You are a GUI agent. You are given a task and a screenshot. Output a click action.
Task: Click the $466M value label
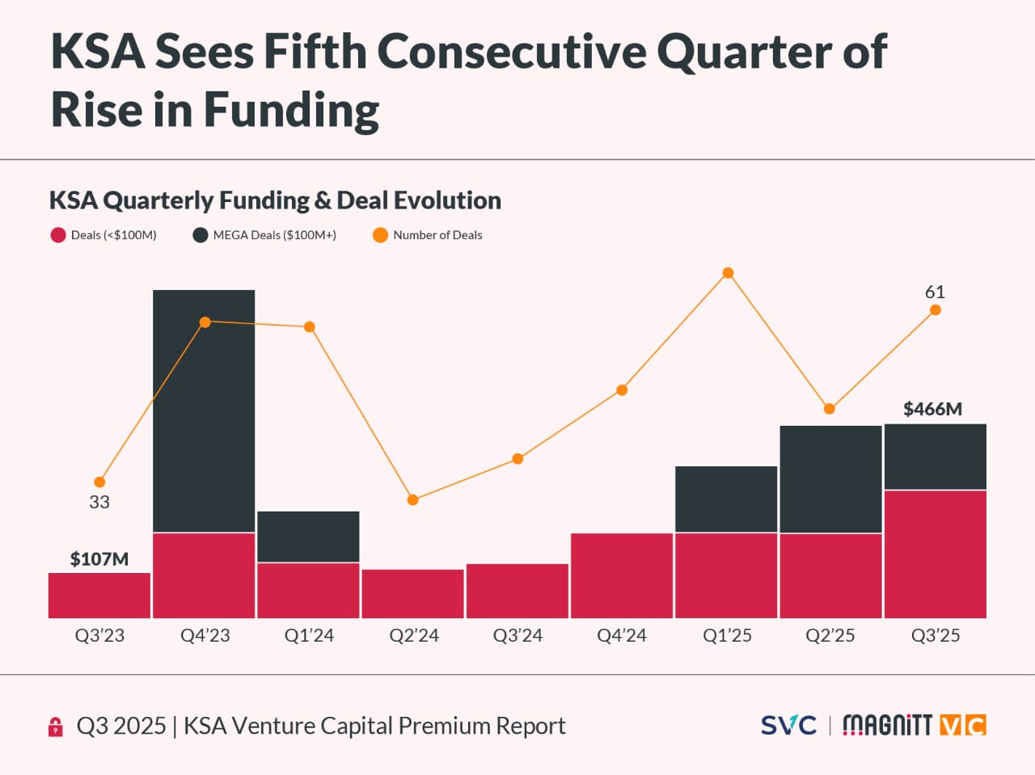point(932,409)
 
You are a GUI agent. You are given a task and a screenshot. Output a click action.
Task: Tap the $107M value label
point(99,559)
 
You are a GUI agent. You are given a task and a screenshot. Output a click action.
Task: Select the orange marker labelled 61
point(936,310)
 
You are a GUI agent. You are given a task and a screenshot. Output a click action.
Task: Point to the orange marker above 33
point(99,482)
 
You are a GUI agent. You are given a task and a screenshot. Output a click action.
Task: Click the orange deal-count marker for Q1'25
point(728,273)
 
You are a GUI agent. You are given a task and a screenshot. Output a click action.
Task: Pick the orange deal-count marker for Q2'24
point(413,500)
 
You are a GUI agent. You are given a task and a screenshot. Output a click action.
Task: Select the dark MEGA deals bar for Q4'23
point(204,411)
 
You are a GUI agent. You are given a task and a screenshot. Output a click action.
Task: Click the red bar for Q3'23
point(99,596)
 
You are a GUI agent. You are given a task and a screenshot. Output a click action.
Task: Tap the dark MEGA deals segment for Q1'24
point(308,537)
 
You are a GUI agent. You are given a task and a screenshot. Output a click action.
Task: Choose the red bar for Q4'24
point(622,575)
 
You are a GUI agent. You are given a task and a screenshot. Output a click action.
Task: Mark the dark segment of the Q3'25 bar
point(936,457)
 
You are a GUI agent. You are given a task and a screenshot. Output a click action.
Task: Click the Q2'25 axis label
point(830,636)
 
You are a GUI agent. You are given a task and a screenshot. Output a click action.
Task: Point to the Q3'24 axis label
point(517,636)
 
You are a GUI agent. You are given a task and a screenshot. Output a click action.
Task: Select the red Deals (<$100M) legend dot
point(58,235)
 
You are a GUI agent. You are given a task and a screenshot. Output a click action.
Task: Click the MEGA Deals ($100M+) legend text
point(275,235)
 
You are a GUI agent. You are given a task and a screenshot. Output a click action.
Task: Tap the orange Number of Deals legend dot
point(380,235)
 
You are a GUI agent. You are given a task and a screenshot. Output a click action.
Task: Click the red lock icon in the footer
point(56,727)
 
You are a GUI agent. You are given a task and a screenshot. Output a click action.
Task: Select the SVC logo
point(788,725)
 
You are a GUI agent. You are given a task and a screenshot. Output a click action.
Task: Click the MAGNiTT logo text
point(887,725)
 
